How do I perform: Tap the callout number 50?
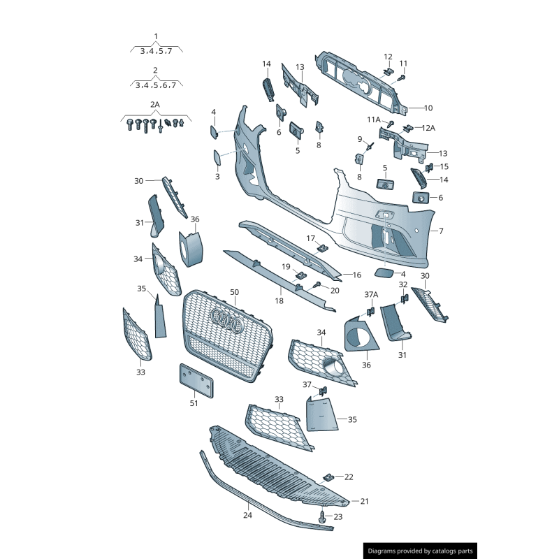click(x=234, y=292)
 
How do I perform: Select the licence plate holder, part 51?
click(x=197, y=380)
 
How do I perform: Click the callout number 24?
click(x=247, y=516)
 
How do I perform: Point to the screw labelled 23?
click(x=322, y=518)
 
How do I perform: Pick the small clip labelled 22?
click(x=328, y=477)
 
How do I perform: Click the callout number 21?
click(x=364, y=501)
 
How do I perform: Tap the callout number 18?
click(x=279, y=301)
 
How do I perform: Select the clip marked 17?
click(x=321, y=246)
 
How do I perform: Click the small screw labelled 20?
click(x=317, y=284)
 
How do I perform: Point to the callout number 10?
click(x=428, y=108)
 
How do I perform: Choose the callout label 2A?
click(x=155, y=104)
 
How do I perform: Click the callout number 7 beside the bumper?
click(x=441, y=231)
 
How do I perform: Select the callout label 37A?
click(x=371, y=294)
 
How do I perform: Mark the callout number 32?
click(x=402, y=285)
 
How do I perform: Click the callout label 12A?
click(x=427, y=128)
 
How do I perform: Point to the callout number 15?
click(x=444, y=166)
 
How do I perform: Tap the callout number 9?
click(x=360, y=138)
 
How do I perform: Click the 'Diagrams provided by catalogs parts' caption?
click(x=421, y=551)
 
